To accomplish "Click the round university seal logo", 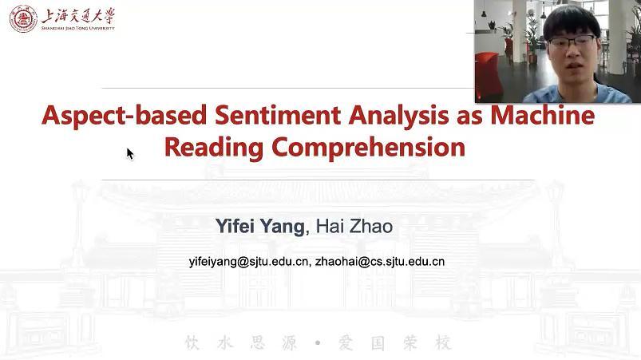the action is click(x=23, y=19).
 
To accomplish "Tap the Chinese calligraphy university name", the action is click(x=78, y=16).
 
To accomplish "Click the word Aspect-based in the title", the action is click(x=125, y=116).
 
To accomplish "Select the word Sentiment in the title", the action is click(x=278, y=115).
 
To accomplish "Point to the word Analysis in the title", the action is click(x=398, y=116).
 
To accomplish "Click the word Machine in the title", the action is click(x=543, y=115).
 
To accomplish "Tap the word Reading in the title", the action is click(x=214, y=148).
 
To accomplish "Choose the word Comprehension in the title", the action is click(x=368, y=148).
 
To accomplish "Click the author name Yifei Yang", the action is click(x=260, y=227).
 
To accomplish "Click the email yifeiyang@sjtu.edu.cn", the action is click(x=248, y=262).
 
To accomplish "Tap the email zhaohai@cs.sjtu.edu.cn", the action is click(x=380, y=262).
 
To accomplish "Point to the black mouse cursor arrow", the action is click(x=130, y=154).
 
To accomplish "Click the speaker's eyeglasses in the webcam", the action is click(x=572, y=42).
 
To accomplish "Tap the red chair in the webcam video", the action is click(x=489, y=77).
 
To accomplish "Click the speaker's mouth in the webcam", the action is click(x=573, y=65).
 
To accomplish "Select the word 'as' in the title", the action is click(x=469, y=117).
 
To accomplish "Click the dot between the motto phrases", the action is click(x=318, y=342).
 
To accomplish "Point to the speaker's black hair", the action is click(x=571, y=22).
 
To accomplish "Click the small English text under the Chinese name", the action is click(x=78, y=28).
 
